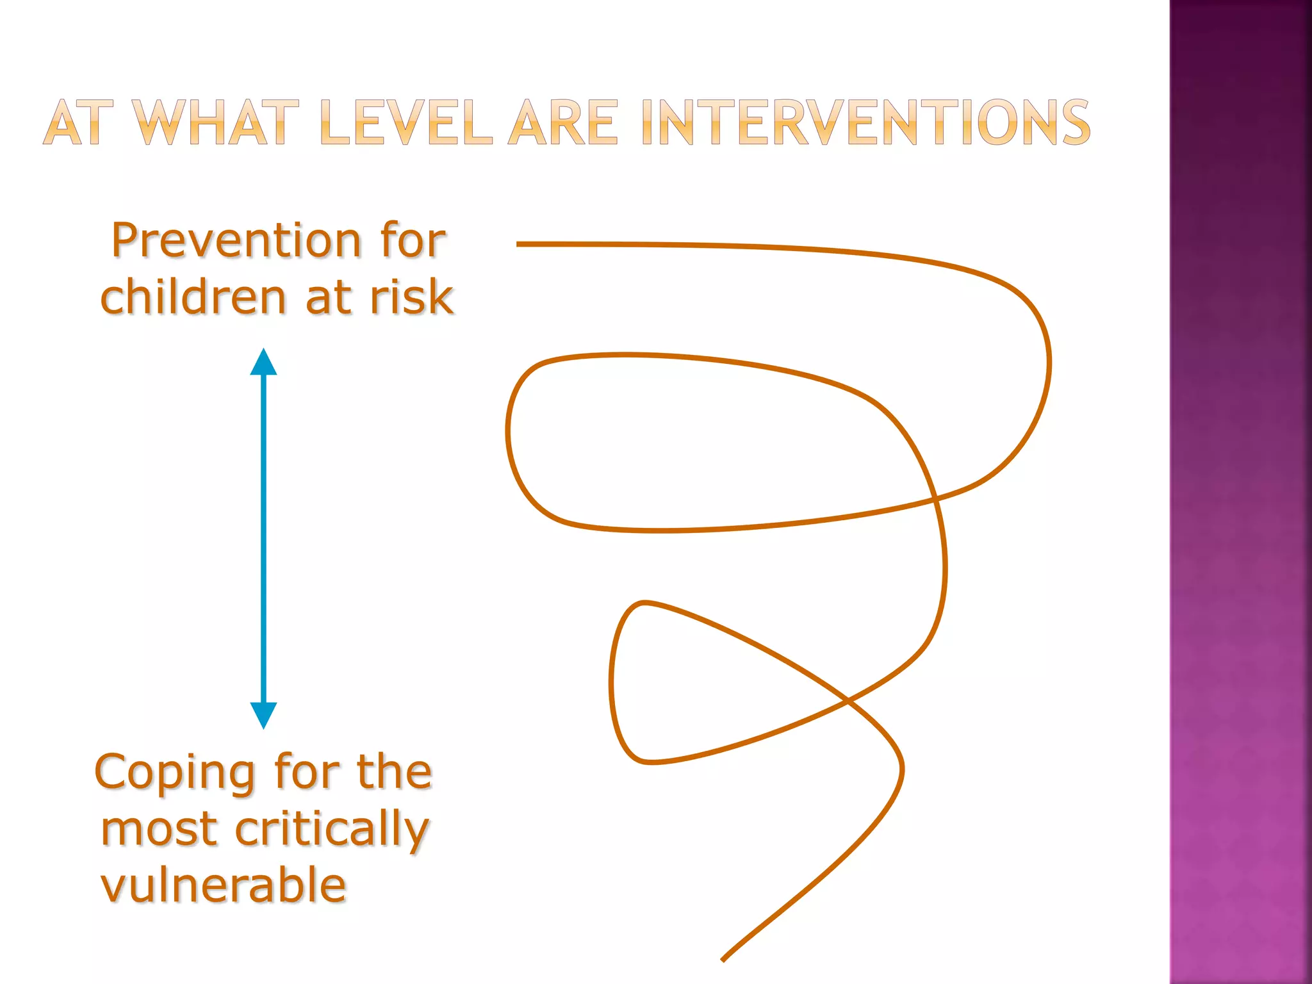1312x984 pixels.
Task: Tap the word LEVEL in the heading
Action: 406,122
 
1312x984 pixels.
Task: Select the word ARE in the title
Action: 564,122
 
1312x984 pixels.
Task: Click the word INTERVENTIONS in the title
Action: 865,122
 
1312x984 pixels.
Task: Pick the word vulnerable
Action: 224,885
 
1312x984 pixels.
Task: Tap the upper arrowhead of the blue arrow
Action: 263,363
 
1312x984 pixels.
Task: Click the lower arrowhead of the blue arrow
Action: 263,715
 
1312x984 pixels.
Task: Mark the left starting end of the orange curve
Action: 518,244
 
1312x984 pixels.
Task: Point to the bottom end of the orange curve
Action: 723,960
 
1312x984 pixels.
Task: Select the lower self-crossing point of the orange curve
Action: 848,701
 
